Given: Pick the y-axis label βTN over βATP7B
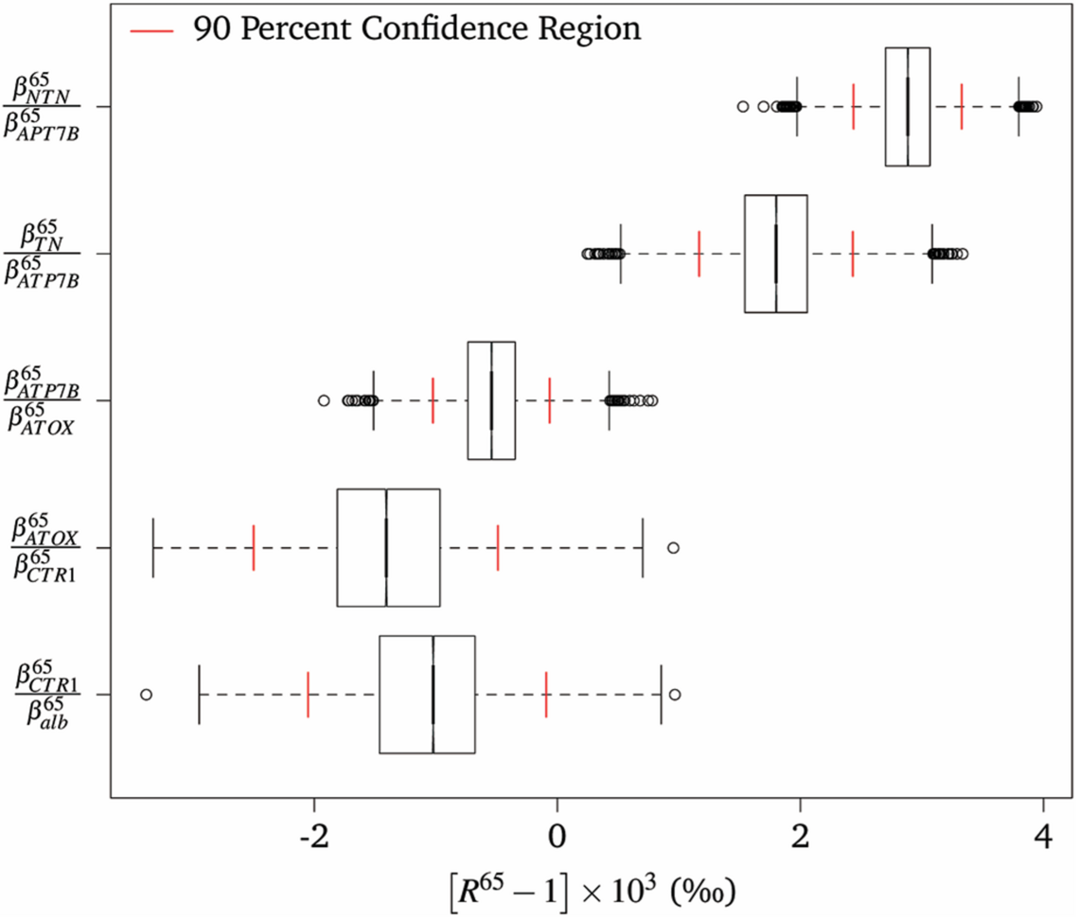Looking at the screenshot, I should pos(42,254).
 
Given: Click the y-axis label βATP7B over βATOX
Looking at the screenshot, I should pos(42,400).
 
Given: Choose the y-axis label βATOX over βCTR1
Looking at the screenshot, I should pos(42,547).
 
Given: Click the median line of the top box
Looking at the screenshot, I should pos(908,106).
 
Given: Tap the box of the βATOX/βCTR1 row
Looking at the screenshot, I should pos(388,547).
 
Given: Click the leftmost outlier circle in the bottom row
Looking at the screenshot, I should pos(146,695).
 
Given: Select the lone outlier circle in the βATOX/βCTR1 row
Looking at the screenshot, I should pos(673,548).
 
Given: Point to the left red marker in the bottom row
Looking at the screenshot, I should pos(309,694).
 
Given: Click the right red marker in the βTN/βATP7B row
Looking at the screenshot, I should pos(853,254).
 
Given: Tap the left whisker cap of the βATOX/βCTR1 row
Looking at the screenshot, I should pos(153,547).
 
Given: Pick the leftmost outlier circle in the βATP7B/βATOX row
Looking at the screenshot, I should pos(324,401).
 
